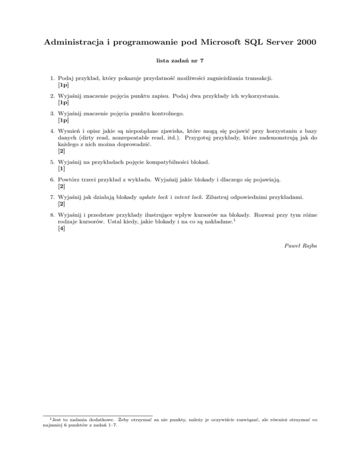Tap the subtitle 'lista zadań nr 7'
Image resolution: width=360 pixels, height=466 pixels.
coord(180,60)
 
